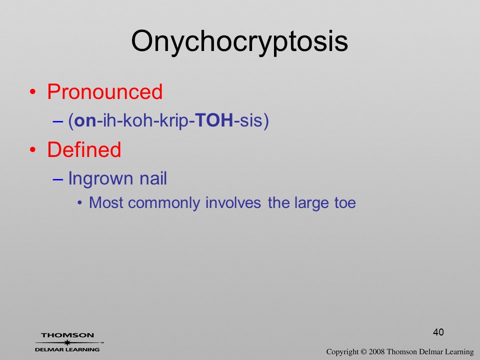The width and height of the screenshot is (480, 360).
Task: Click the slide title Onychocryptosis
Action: pyautogui.click(x=239, y=42)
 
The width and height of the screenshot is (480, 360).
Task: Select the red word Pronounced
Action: pyautogui.click(x=104, y=91)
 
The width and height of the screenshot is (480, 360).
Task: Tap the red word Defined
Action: pyautogui.click(x=84, y=149)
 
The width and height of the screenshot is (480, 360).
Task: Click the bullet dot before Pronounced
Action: pyautogui.click(x=33, y=92)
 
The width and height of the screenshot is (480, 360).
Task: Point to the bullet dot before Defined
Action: pyautogui.click(x=33, y=149)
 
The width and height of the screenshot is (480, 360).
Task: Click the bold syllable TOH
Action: pyautogui.click(x=214, y=120)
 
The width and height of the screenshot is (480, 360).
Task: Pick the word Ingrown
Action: pyautogui.click(x=100, y=179)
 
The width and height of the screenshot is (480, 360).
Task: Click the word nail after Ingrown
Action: pyautogui.click(x=153, y=178)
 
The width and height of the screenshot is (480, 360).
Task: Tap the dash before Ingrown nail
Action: pyautogui.click(x=57, y=179)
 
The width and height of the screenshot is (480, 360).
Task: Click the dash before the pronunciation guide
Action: pyautogui.click(x=57, y=121)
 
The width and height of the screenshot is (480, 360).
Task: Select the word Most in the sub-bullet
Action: pyautogui.click(x=106, y=202)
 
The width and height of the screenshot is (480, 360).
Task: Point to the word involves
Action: pyautogui.click(x=233, y=202)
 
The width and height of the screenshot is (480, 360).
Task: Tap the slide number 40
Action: pyautogui.click(x=438, y=332)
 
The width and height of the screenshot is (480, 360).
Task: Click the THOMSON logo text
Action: pyautogui.click(x=67, y=335)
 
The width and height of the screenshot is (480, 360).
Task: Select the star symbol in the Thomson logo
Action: pyautogui.click(x=67, y=342)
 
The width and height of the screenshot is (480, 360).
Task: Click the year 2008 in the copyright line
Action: pyautogui.click(x=376, y=351)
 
